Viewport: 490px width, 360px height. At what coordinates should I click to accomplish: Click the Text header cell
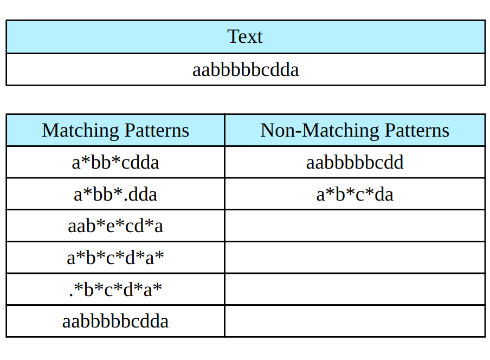coord(245,37)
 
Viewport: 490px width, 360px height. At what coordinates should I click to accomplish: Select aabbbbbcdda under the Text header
coord(245,69)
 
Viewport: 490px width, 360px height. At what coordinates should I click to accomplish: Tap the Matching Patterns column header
coord(115,131)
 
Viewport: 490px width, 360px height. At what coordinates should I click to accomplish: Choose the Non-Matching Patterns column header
coord(354,131)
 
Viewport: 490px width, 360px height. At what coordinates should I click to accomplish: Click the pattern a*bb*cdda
coord(115,162)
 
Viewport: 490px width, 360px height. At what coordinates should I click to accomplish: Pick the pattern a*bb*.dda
coord(115,194)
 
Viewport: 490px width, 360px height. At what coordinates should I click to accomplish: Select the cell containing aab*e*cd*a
coord(115,226)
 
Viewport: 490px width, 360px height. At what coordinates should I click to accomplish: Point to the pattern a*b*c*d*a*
coord(115,258)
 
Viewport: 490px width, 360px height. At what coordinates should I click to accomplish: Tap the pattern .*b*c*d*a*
coord(115,290)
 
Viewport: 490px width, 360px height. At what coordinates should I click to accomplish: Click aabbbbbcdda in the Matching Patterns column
coord(115,321)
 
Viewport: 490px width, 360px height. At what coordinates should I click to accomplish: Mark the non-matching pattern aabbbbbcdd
coord(354,162)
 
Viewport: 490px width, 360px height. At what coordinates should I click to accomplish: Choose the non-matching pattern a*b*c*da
coord(354,194)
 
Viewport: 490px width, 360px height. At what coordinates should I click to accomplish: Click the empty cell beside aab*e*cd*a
coord(354,226)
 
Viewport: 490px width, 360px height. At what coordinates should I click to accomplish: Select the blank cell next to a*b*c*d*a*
coord(354,258)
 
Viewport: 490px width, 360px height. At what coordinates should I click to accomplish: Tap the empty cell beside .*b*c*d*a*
coord(354,290)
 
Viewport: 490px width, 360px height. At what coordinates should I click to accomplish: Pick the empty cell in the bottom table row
coord(354,321)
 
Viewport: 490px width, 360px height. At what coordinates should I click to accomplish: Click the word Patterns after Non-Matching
coord(417,131)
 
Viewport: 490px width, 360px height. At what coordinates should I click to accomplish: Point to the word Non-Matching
coord(320,131)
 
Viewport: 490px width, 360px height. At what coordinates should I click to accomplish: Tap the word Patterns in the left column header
coord(157,131)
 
